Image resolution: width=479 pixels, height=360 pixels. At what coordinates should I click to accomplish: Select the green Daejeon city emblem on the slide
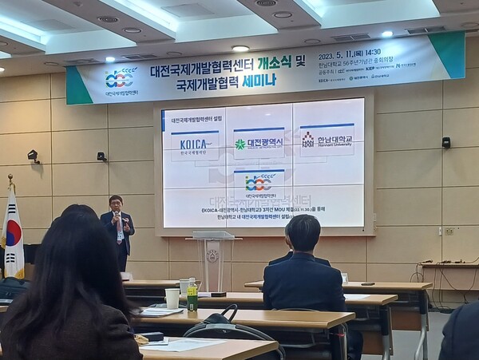[240, 144]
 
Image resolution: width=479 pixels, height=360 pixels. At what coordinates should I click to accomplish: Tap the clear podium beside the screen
[213, 255]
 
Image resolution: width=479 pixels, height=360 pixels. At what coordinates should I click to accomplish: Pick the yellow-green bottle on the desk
[192, 296]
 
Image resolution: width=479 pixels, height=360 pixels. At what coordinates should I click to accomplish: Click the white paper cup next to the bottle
[172, 298]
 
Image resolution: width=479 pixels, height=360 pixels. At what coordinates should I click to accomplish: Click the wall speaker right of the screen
[446, 142]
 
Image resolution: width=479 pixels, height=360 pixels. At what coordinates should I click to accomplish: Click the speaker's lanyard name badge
[120, 225]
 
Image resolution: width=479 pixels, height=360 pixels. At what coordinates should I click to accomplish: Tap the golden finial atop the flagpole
[10, 180]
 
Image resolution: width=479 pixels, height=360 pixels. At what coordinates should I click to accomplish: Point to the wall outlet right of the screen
[449, 231]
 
